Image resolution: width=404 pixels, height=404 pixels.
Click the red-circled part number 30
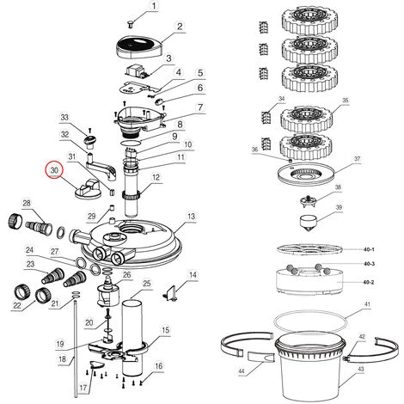(x=54, y=170)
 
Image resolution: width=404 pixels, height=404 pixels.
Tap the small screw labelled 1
(x=131, y=25)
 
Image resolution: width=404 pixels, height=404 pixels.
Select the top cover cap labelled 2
(x=140, y=47)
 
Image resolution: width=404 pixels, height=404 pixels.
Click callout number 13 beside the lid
(x=191, y=217)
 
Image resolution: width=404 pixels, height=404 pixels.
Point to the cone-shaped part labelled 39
(x=309, y=223)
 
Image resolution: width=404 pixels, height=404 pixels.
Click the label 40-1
(x=369, y=249)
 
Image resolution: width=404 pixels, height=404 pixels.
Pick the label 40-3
(x=369, y=264)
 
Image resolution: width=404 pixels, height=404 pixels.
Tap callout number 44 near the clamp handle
(x=242, y=371)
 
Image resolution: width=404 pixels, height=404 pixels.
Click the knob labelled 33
(x=90, y=142)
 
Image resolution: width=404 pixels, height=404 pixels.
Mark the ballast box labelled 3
(x=138, y=71)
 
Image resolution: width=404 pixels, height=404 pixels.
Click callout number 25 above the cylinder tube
(x=147, y=284)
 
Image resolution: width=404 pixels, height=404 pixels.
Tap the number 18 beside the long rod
(x=62, y=358)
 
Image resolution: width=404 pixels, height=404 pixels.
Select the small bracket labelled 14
(x=171, y=293)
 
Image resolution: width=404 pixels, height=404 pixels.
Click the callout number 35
(x=346, y=101)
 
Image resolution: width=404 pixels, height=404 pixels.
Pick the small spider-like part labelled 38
(x=308, y=200)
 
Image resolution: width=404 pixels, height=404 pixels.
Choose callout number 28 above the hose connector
(x=27, y=203)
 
